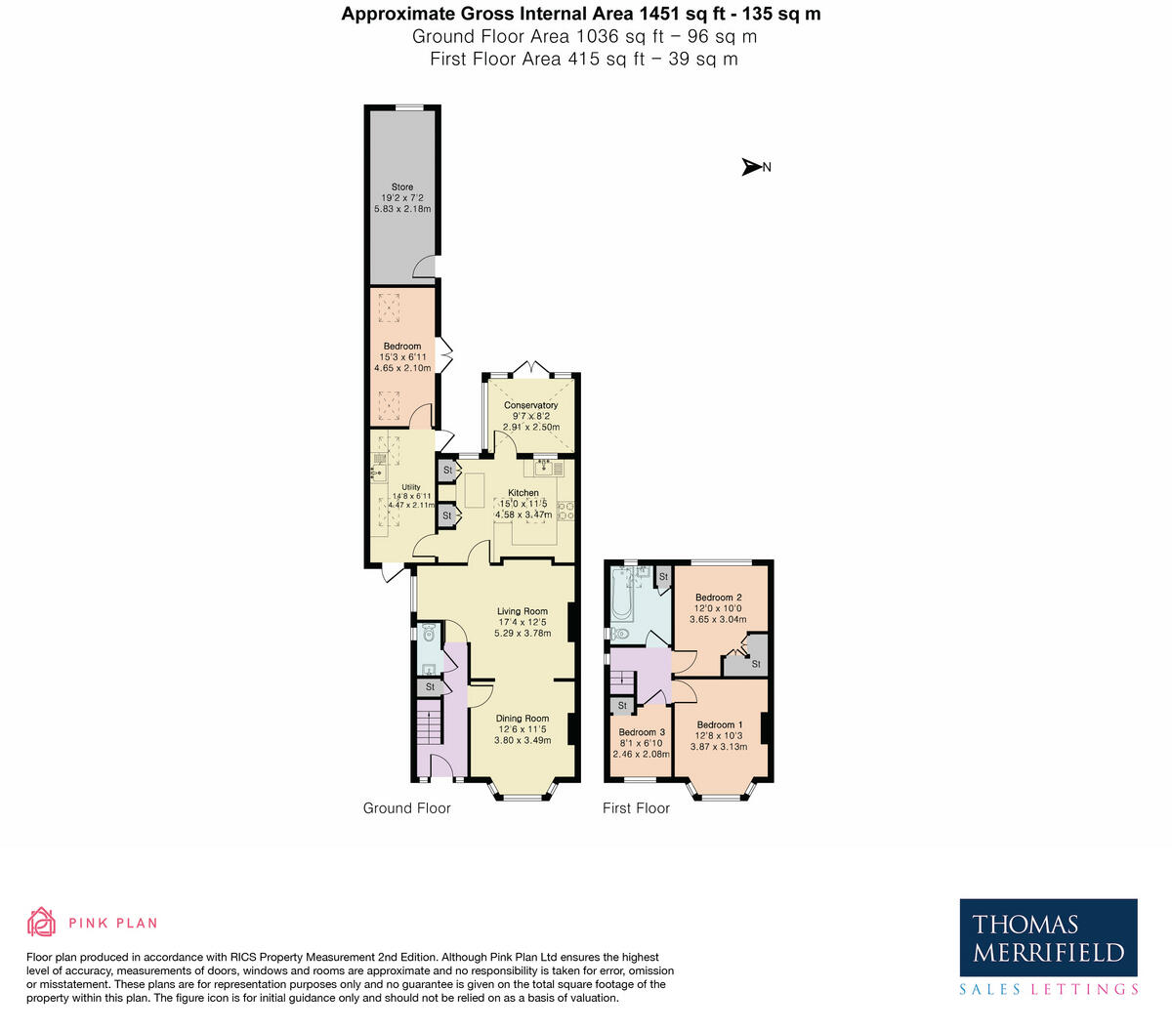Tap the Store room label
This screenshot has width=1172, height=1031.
click(402, 187)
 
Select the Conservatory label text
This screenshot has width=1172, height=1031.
click(530, 405)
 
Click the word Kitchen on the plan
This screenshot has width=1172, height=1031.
click(523, 493)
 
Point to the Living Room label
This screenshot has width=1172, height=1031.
click(523, 611)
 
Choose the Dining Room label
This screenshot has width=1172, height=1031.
click(523, 719)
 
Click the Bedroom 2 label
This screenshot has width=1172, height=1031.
click(718, 598)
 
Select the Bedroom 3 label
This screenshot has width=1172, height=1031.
click(642, 732)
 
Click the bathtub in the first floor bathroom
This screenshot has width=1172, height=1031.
click(621, 597)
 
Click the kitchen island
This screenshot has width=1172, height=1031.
click(476, 490)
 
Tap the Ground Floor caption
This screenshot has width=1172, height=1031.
click(407, 808)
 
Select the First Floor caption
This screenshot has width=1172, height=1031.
click(636, 808)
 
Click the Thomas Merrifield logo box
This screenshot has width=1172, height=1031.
click(1048, 937)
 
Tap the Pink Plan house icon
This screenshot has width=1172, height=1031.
click(41, 922)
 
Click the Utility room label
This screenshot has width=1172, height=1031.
click(410, 487)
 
